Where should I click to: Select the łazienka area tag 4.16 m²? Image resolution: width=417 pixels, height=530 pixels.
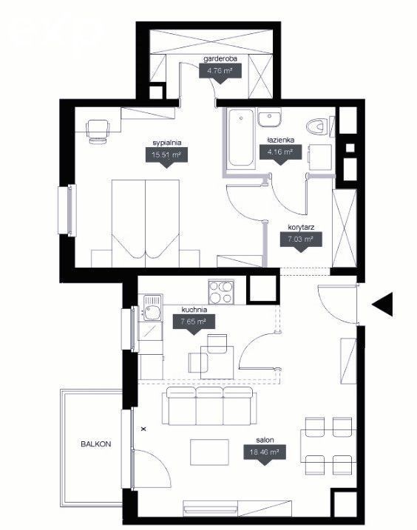(280, 154)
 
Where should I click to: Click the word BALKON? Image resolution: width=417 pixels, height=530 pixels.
(96, 444)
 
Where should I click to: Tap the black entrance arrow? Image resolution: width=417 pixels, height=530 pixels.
(382, 305)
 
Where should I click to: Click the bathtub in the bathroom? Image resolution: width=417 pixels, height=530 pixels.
(240, 137)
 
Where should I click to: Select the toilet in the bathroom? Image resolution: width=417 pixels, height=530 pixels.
(318, 127)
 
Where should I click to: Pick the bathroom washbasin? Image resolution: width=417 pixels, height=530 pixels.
(270, 118)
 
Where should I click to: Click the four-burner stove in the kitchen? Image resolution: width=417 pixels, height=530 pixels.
(221, 292)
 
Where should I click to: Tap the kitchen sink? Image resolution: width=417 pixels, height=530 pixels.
(153, 308)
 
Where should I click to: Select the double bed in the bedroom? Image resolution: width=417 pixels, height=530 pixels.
(146, 223)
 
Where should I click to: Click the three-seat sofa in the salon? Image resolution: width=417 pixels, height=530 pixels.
(209, 406)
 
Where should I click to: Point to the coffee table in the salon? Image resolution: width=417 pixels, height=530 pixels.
(210, 452)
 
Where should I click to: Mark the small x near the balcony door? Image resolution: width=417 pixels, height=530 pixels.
(143, 429)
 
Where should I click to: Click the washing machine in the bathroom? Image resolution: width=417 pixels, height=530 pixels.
(319, 157)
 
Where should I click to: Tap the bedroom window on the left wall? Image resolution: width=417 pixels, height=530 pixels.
(67, 210)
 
